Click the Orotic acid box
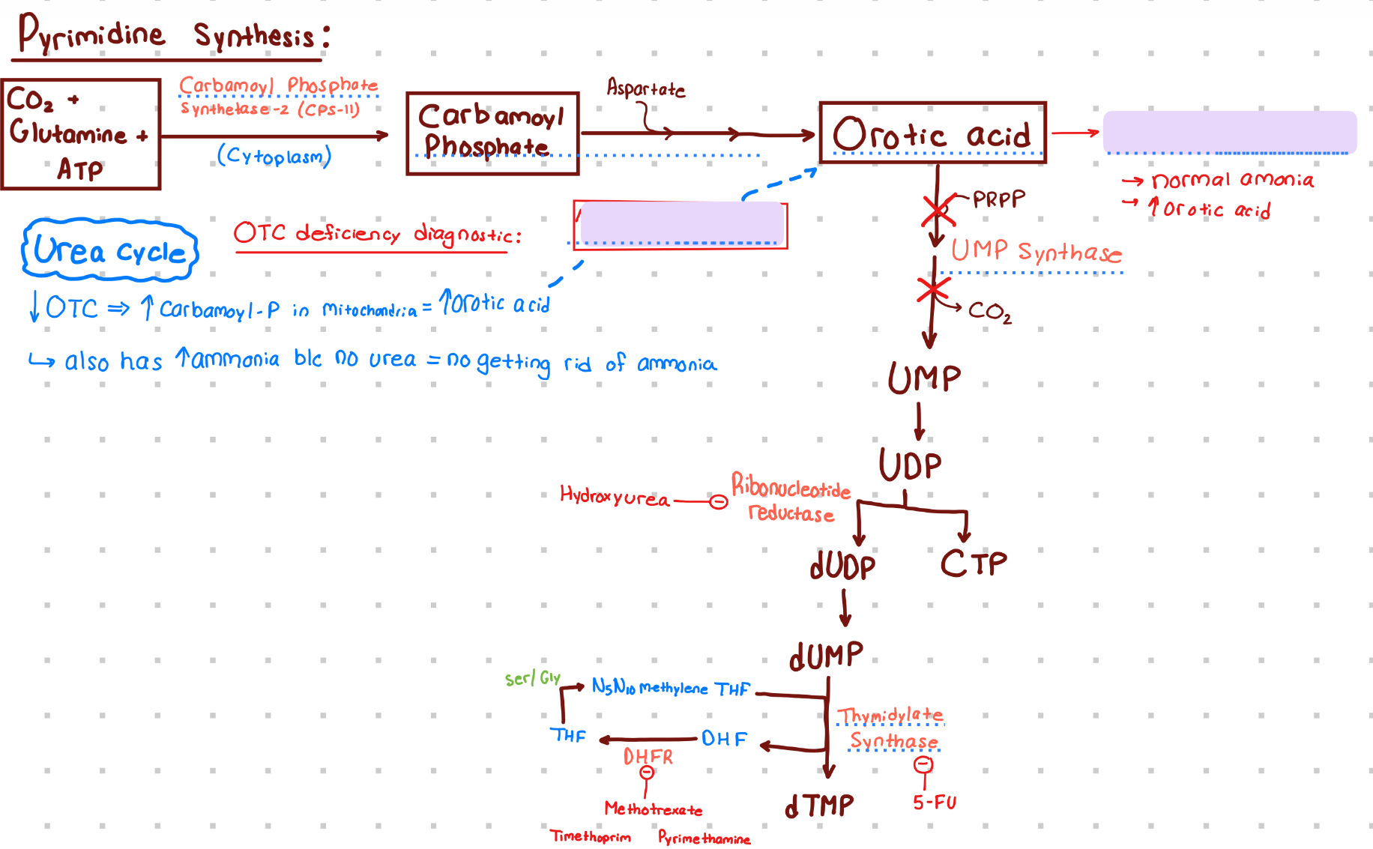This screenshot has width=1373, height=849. click(x=932, y=133)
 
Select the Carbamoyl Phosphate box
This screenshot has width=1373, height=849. click(x=492, y=133)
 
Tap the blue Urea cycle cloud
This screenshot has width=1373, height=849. click(x=110, y=250)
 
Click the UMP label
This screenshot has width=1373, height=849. click(x=924, y=378)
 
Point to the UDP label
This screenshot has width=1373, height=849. click(x=911, y=465)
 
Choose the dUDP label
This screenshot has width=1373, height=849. click(x=842, y=566)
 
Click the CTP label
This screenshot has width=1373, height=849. click(x=974, y=564)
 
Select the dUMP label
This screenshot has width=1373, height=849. click(x=826, y=656)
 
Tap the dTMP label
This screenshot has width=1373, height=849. click(x=819, y=806)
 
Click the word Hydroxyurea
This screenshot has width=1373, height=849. click(x=615, y=497)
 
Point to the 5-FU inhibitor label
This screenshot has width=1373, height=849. click(x=935, y=803)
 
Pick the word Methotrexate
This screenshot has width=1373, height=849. click(x=654, y=809)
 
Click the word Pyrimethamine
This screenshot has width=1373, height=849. click(x=704, y=838)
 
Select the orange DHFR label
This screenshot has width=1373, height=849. click(x=648, y=757)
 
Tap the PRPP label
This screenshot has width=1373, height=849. click(x=998, y=199)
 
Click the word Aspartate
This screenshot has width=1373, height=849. click(x=645, y=88)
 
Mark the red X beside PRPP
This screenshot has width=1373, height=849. click(x=938, y=211)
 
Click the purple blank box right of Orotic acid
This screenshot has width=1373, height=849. click(x=1230, y=132)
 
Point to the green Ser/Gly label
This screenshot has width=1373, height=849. click(x=532, y=678)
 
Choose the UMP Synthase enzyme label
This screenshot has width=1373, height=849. click(x=1036, y=251)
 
